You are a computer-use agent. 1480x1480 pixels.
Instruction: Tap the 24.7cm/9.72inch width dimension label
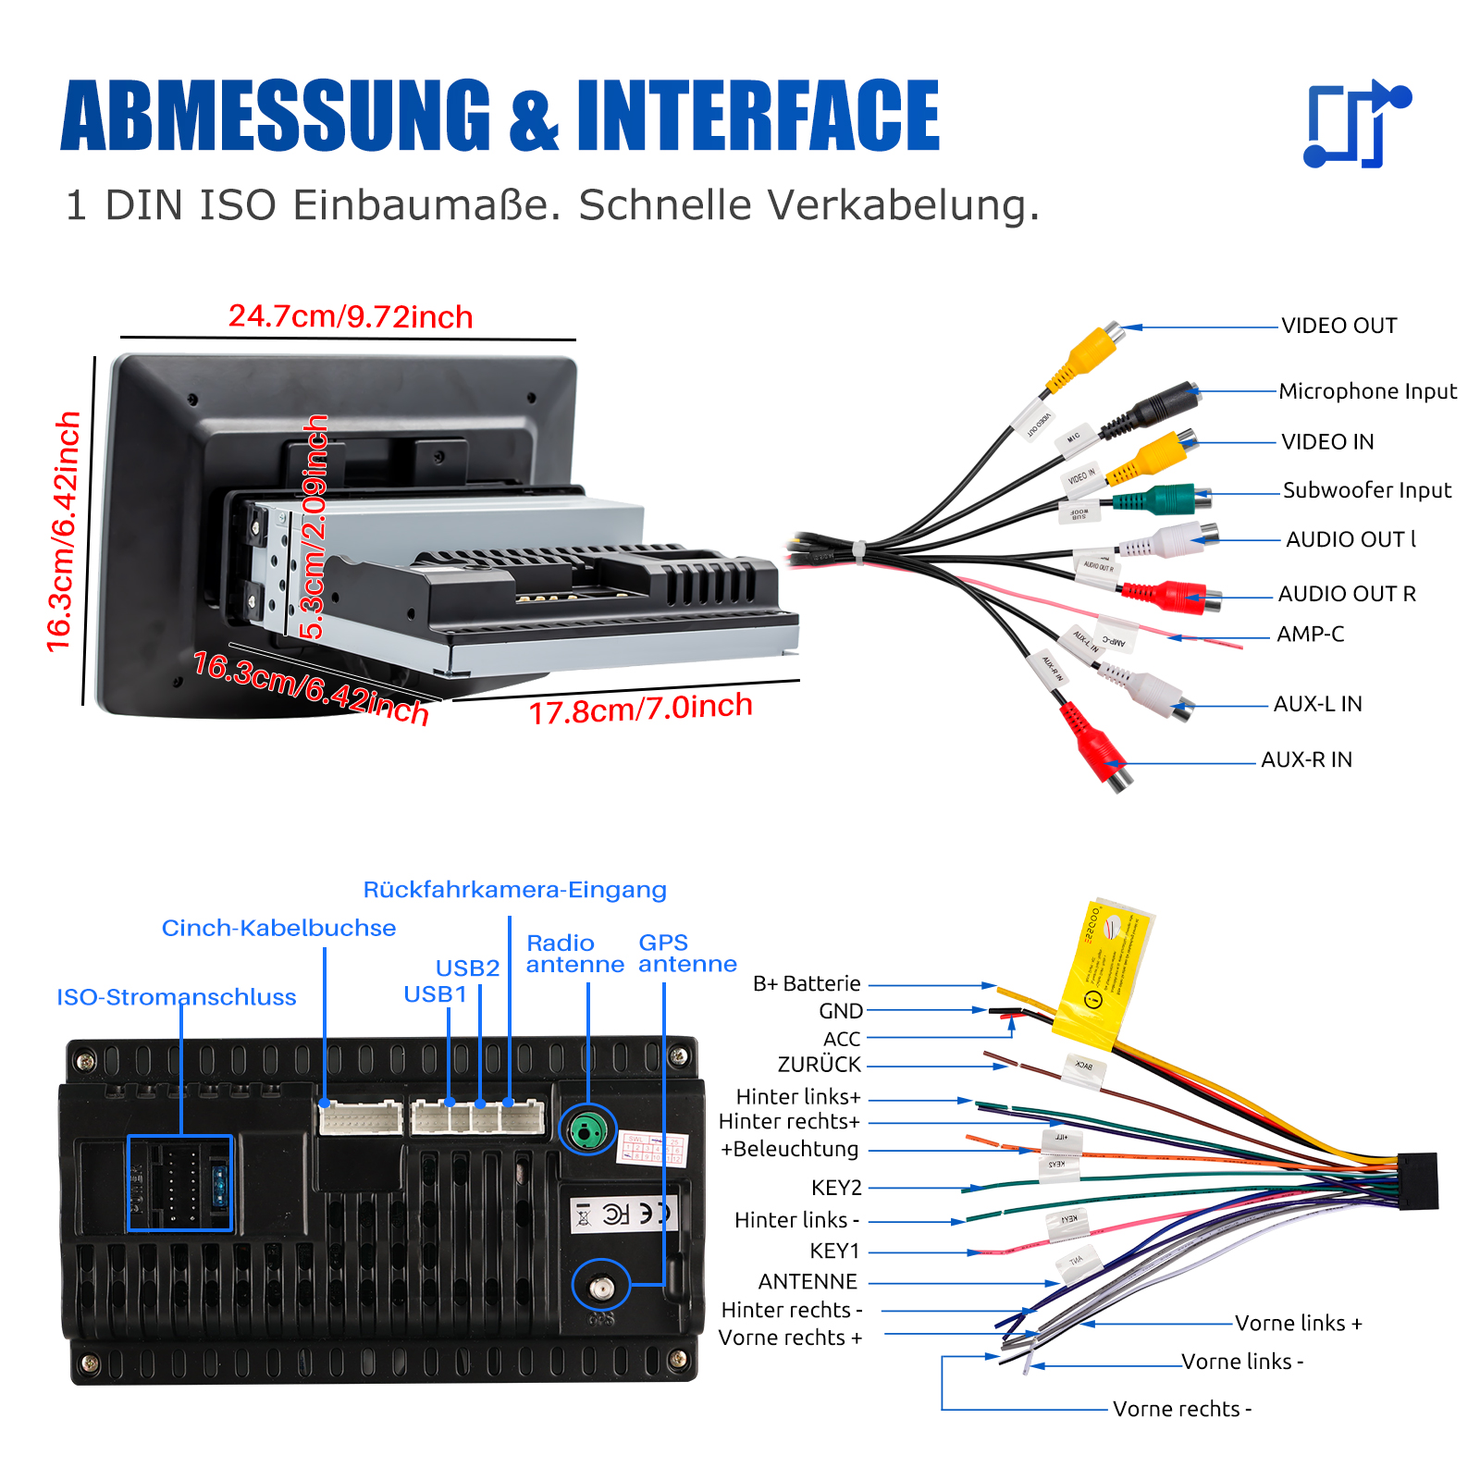click(x=351, y=317)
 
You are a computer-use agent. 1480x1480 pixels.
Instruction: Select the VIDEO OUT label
click(x=1338, y=326)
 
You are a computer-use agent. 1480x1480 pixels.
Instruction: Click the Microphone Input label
click(x=1367, y=391)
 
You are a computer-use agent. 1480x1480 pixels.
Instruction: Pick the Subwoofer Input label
click(x=1366, y=490)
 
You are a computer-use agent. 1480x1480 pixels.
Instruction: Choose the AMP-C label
click(x=1310, y=635)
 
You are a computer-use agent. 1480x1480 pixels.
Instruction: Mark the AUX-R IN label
click(x=1306, y=759)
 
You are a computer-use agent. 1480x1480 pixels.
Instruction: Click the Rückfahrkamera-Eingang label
click(x=514, y=890)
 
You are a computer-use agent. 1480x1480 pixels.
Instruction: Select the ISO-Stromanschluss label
click(x=177, y=997)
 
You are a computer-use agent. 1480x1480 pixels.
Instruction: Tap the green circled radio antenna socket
click(x=587, y=1129)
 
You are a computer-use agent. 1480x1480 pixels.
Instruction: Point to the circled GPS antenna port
click(x=602, y=1286)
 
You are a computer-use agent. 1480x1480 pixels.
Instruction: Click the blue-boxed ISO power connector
click(x=179, y=1183)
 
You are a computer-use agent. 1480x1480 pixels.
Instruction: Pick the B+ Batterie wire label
click(x=807, y=983)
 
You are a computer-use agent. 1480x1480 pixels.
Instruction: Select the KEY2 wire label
click(x=836, y=1188)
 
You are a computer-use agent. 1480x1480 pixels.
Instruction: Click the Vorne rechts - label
click(x=1181, y=1409)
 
